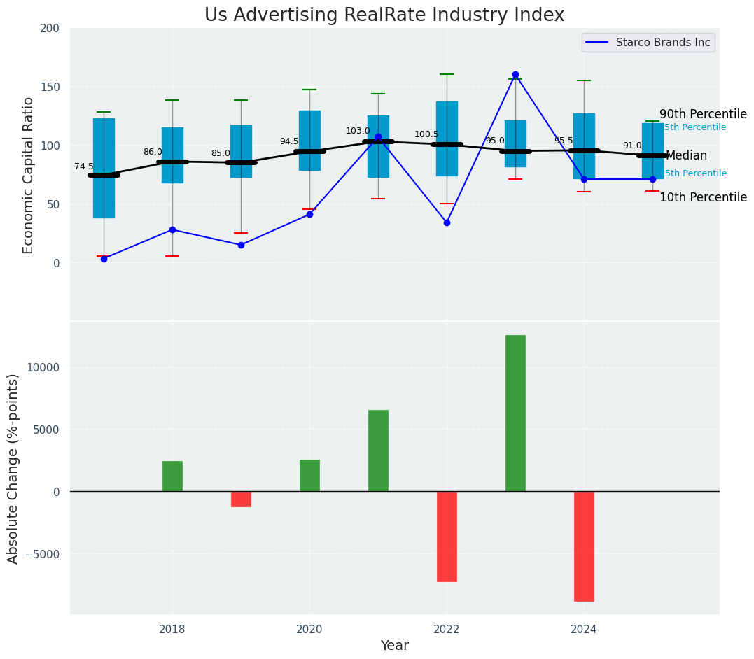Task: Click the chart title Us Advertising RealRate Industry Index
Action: [x=384, y=15]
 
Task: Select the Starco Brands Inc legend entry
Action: [x=662, y=43]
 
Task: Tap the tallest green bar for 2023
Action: [x=515, y=413]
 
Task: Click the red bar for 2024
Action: [x=584, y=546]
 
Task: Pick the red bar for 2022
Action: [x=447, y=536]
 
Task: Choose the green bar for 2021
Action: [x=378, y=451]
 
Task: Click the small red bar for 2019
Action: [x=241, y=499]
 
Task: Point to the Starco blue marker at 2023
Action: [x=515, y=74]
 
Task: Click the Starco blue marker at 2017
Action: [x=104, y=259]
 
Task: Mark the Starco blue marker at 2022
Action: [x=447, y=222]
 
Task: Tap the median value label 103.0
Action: [x=358, y=132]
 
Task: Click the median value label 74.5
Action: [x=84, y=167]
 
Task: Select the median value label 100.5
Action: [x=426, y=135]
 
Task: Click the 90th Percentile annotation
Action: [x=702, y=115]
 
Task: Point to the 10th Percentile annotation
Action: [x=702, y=198]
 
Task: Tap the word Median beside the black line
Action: [x=686, y=156]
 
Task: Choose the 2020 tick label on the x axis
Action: [x=309, y=630]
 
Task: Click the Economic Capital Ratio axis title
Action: [x=29, y=175]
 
